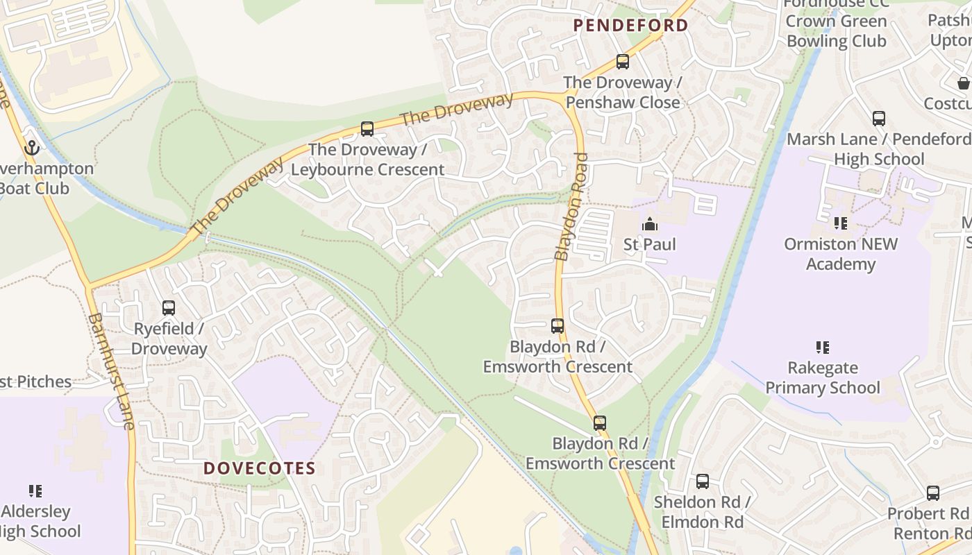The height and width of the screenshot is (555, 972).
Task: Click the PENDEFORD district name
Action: click(630, 26)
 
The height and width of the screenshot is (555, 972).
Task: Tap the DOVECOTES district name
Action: click(260, 468)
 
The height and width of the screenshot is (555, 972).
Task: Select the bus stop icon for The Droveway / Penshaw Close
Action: click(623, 62)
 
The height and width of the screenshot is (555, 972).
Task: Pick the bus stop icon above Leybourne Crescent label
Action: click(367, 129)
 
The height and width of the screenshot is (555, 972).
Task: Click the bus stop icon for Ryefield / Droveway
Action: click(169, 308)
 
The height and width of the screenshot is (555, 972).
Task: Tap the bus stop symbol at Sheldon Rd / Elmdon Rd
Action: click(703, 481)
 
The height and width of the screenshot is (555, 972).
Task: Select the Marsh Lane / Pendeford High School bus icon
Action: click(879, 119)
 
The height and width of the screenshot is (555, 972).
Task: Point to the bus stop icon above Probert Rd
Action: click(933, 493)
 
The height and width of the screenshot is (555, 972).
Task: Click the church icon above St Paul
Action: click(650, 224)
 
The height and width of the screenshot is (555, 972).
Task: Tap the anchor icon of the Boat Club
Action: click(31, 148)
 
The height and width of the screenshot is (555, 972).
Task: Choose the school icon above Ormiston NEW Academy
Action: click(841, 223)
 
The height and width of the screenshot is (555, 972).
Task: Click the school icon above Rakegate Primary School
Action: click(823, 347)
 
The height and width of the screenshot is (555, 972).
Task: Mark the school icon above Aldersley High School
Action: click(35, 491)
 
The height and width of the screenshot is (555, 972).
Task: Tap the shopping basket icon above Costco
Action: click(964, 83)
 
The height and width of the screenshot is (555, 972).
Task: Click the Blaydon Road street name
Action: click(571, 207)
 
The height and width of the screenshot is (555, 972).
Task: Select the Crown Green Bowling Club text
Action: click(836, 31)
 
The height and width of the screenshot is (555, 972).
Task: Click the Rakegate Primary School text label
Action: click(823, 377)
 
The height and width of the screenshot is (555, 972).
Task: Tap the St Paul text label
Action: click(649, 244)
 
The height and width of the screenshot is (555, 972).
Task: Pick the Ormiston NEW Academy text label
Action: click(841, 254)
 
